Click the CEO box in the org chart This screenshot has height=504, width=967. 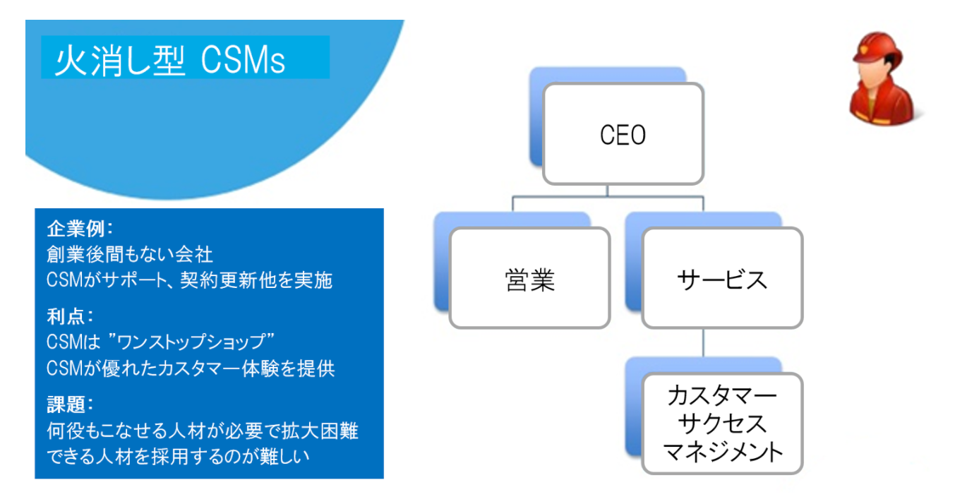623,134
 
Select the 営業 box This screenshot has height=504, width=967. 529,278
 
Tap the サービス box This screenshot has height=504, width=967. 722,278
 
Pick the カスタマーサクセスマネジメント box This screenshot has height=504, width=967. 722,424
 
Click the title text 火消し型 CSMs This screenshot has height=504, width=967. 169,61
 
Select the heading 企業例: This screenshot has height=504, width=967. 80,229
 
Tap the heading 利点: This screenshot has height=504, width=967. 70,316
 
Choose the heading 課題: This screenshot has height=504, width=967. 70,404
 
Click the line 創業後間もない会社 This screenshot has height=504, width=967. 129,254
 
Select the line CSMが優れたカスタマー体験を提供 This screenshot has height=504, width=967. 191,368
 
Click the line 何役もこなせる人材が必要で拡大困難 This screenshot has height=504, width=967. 203,431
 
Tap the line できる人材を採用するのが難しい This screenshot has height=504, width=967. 178,456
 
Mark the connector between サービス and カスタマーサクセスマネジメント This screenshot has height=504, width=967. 704,343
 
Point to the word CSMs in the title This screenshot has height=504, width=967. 243,61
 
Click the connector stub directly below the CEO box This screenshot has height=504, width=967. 607,191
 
